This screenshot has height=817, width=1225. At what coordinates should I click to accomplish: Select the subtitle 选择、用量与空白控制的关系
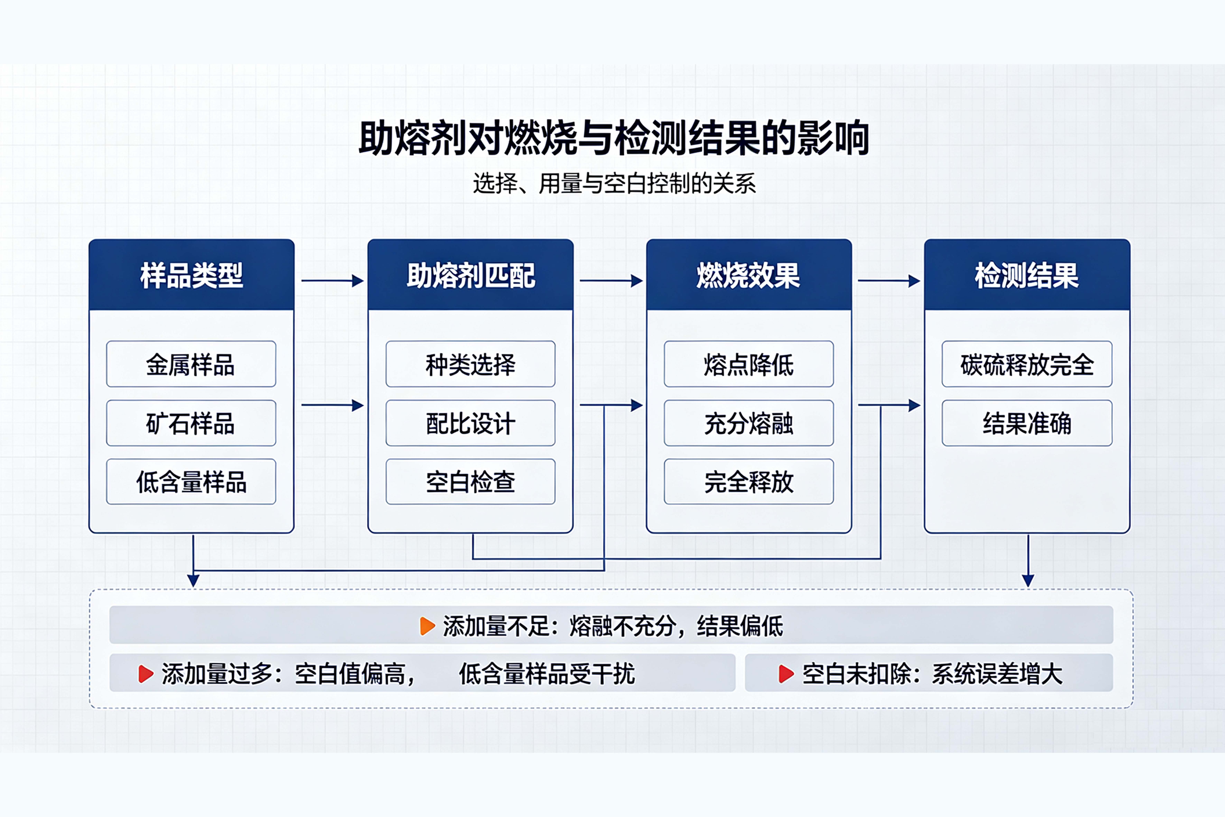pyautogui.click(x=614, y=183)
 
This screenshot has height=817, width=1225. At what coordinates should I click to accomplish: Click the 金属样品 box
pyautogui.click(x=191, y=364)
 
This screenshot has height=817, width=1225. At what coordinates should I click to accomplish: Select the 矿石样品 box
pyautogui.click(x=191, y=423)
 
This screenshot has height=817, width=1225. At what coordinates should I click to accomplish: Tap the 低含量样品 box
pyautogui.click(x=191, y=481)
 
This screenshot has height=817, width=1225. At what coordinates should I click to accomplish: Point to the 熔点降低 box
pyautogui.click(x=749, y=364)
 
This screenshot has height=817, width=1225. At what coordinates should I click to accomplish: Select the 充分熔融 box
pyautogui.click(x=749, y=423)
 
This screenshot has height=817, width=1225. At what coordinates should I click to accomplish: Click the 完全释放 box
pyautogui.click(x=749, y=481)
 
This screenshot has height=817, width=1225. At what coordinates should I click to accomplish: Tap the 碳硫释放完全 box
pyautogui.click(x=1027, y=364)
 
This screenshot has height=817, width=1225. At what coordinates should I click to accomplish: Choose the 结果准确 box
pyautogui.click(x=1027, y=423)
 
